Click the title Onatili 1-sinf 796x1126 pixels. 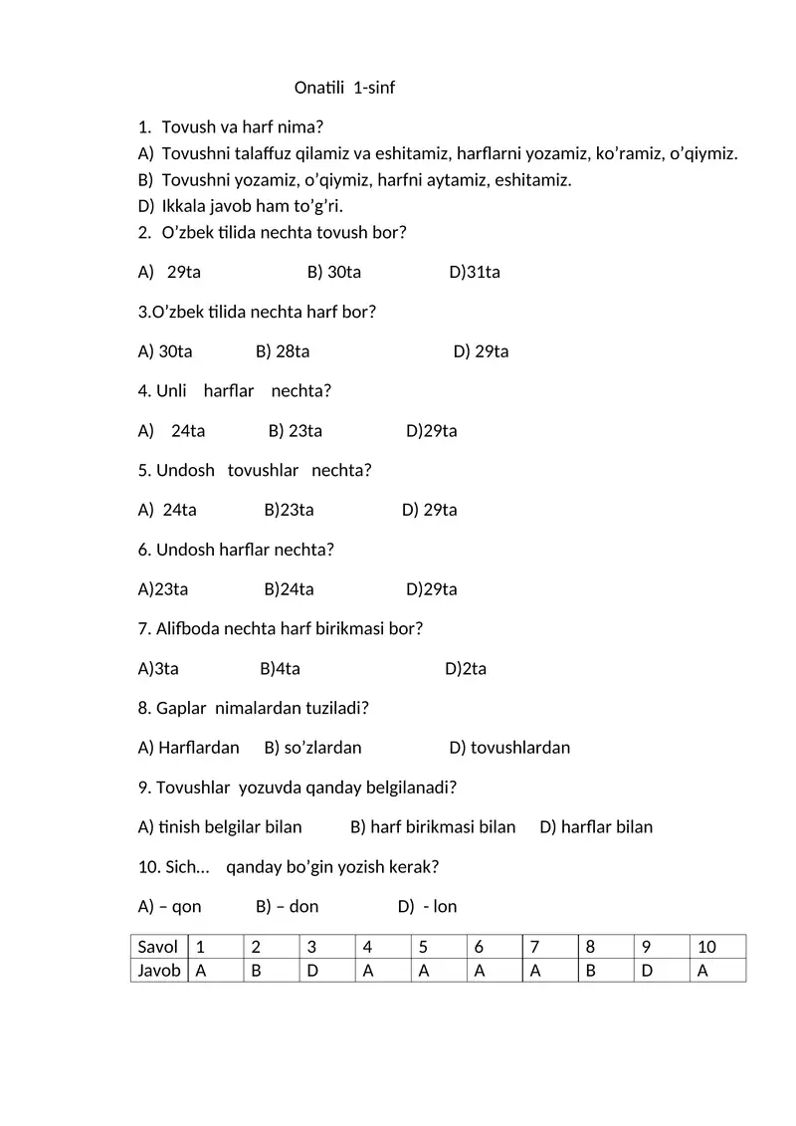pyautogui.click(x=344, y=88)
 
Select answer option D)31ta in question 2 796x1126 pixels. pyautogui.click(x=475, y=272)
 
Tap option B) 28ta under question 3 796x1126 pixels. pyautogui.click(x=283, y=351)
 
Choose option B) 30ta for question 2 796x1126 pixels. pyautogui.click(x=334, y=272)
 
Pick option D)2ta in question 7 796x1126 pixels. pyautogui.click(x=466, y=668)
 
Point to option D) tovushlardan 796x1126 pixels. pyautogui.click(x=509, y=747)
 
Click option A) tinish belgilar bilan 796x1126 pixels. pyautogui.click(x=220, y=826)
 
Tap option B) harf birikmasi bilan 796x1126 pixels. pyautogui.click(x=433, y=826)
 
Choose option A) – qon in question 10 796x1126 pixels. pyautogui.click(x=170, y=906)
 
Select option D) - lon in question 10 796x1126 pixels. pyautogui.click(x=427, y=906)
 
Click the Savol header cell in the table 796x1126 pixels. pyautogui.click(x=158, y=947)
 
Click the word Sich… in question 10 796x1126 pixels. pyautogui.click(x=174, y=866)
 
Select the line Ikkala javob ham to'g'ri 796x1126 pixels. pyautogui.click(x=252, y=206)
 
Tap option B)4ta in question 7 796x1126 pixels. pyautogui.click(x=280, y=668)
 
